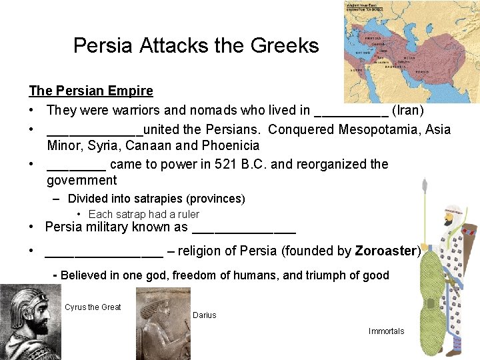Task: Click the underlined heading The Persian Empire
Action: coord(91,91)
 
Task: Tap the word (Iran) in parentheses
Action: coord(408,111)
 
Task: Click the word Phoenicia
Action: coord(231,145)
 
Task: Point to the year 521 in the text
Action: coord(225,164)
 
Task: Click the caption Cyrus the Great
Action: coord(93,307)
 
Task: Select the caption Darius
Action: coord(204,315)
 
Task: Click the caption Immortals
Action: coord(386,331)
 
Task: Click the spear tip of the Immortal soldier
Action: coord(425,183)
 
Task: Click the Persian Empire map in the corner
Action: coord(411,52)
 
